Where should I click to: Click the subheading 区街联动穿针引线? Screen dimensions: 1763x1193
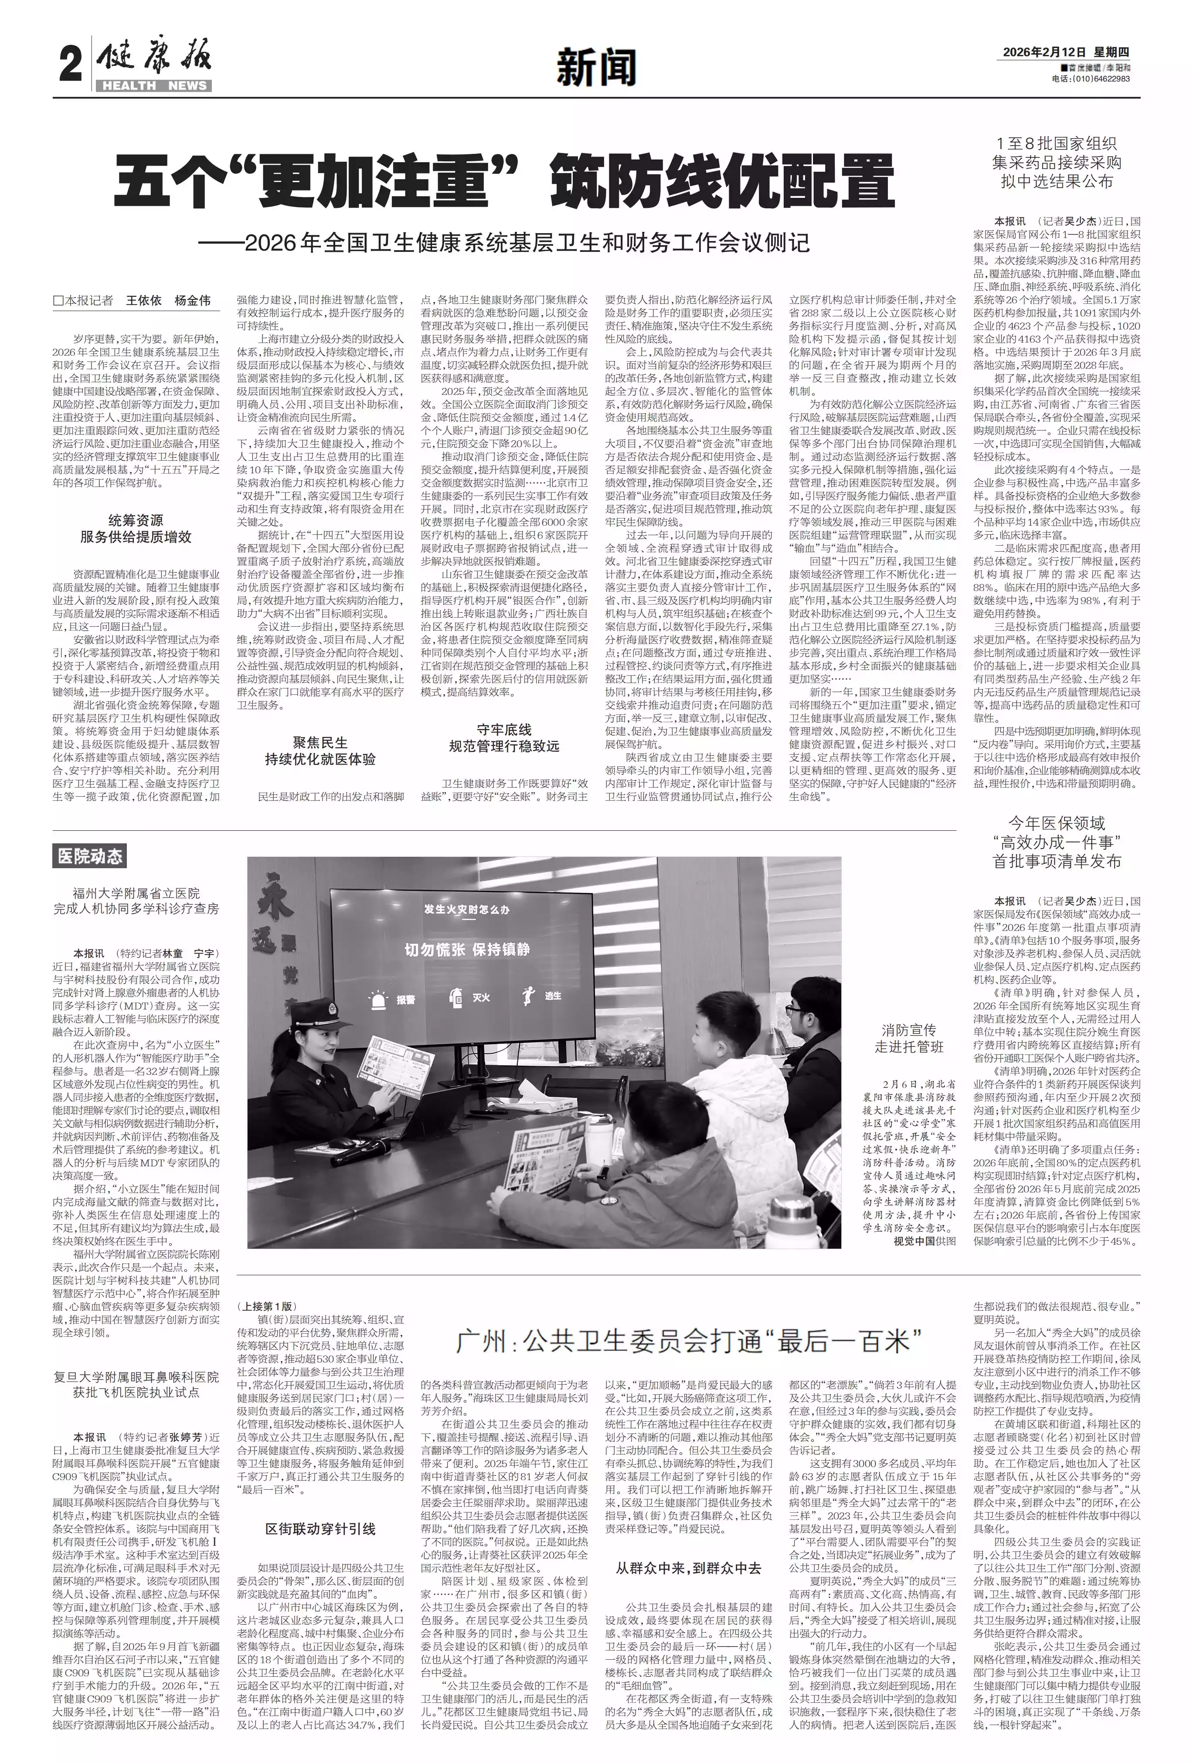[320, 1507]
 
